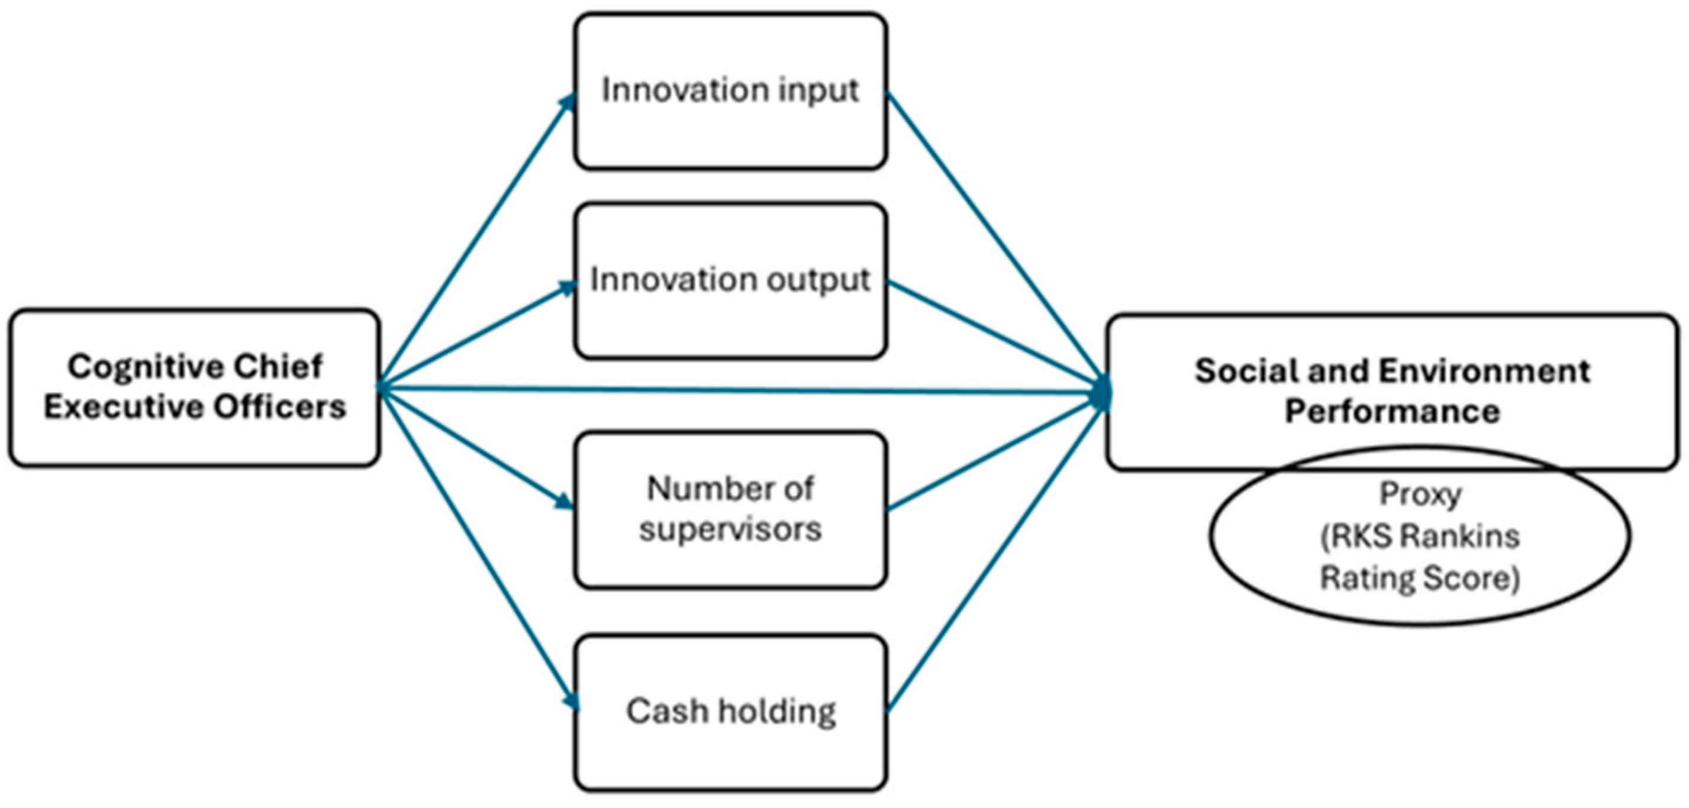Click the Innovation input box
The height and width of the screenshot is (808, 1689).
(x=730, y=91)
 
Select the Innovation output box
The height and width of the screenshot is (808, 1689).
(x=730, y=280)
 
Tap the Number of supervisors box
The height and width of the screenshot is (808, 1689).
(x=730, y=509)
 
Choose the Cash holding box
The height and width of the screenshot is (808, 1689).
(x=730, y=712)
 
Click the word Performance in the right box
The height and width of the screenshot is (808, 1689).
(x=1392, y=412)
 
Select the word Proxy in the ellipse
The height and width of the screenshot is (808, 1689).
(x=1420, y=494)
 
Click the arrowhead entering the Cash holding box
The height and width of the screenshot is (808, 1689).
(x=572, y=701)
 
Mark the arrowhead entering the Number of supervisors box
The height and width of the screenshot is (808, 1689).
(x=564, y=503)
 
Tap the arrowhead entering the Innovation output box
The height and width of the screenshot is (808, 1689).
(x=567, y=287)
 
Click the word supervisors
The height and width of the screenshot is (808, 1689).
(x=730, y=529)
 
